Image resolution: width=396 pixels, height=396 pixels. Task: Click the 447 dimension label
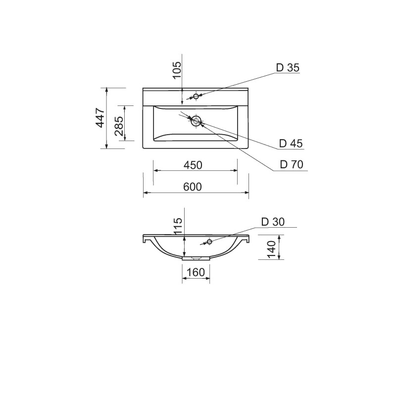(100, 118)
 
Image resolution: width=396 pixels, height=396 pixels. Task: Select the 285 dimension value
(119, 126)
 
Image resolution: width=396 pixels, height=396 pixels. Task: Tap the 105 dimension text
(177, 70)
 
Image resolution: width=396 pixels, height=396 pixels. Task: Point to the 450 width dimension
(193, 165)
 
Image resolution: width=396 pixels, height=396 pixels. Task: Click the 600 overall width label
(193, 187)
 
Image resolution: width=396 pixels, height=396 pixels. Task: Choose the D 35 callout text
(288, 68)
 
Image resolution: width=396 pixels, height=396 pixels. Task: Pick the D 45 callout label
(291, 144)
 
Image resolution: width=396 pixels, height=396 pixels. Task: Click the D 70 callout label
(292, 164)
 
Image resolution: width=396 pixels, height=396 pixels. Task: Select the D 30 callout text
(273, 222)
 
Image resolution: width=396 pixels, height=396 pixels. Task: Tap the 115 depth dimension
(178, 226)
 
